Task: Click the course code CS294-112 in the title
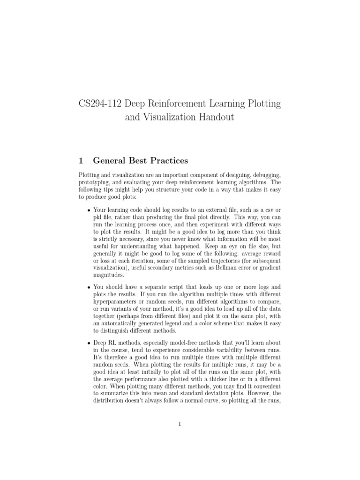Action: [x=100, y=104]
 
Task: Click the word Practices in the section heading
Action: [x=168, y=161]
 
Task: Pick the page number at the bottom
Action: [x=180, y=424]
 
